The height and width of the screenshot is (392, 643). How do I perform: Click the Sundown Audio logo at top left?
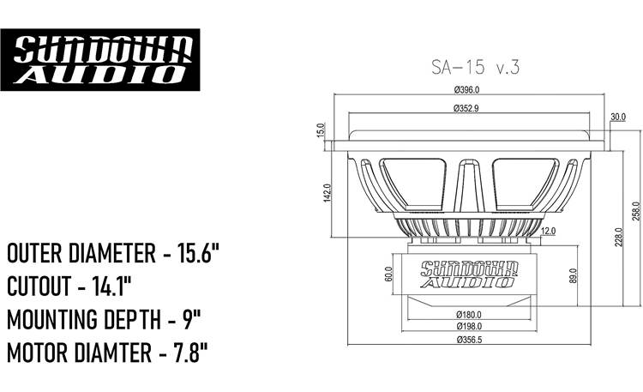click(100, 59)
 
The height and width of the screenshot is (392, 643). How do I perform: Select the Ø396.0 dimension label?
click(466, 89)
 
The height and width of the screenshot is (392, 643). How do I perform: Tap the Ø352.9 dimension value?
click(466, 108)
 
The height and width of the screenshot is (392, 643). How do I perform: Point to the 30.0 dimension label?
click(618, 117)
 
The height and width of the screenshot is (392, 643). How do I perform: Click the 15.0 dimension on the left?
click(320, 130)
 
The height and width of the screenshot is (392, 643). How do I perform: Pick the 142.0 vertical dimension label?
click(327, 194)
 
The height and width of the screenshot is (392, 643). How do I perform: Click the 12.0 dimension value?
click(549, 231)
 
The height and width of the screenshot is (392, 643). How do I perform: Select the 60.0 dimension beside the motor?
click(388, 274)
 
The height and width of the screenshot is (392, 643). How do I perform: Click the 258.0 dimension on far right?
click(635, 210)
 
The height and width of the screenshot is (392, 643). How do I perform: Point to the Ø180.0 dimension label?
click(468, 313)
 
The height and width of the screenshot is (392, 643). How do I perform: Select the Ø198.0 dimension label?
click(468, 326)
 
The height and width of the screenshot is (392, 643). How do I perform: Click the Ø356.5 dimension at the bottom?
click(468, 341)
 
